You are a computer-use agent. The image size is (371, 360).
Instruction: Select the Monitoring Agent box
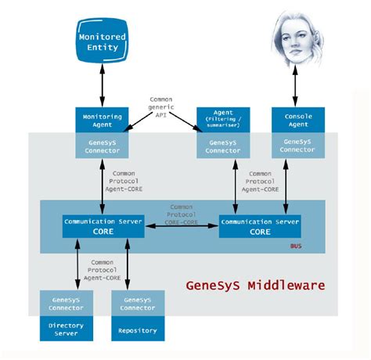click(102, 120)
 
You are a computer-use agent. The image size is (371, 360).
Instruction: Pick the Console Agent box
click(297, 120)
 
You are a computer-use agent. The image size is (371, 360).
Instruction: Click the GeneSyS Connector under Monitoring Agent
click(102, 146)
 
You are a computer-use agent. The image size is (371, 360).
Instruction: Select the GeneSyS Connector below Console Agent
click(297, 146)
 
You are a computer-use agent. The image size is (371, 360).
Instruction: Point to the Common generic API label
click(160, 107)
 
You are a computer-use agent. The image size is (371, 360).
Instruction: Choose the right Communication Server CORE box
click(260, 226)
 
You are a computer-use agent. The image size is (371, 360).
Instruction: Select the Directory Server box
click(67, 329)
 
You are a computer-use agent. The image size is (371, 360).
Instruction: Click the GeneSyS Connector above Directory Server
click(67, 303)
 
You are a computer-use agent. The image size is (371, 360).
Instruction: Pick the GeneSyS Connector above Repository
click(138, 303)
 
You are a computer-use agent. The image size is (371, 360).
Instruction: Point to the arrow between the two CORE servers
click(181, 226)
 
